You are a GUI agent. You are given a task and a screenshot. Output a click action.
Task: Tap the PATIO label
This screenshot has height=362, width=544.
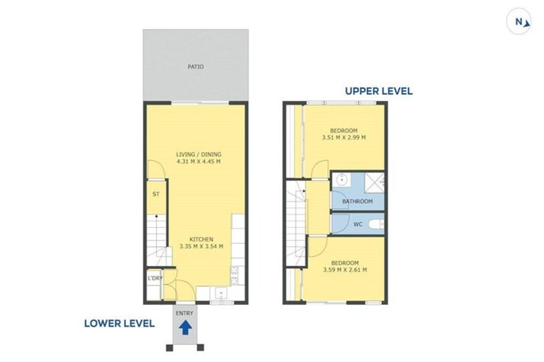(x=195, y=67)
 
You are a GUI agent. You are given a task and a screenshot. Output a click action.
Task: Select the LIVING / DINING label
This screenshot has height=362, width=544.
(x=198, y=153)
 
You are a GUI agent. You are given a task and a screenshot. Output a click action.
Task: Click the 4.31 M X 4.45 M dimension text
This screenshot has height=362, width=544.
(x=198, y=161)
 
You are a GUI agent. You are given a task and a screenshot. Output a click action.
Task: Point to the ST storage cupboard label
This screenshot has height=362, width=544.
(x=155, y=192)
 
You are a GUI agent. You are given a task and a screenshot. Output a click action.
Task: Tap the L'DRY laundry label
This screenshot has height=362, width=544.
(x=155, y=278)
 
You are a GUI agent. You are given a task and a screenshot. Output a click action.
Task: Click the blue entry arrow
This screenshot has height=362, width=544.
(x=185, y=327)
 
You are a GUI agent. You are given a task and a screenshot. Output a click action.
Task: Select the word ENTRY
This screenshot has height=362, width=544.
(x=184, y=313)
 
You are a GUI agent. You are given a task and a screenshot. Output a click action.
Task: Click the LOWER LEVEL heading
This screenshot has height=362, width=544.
(x=119, y=323)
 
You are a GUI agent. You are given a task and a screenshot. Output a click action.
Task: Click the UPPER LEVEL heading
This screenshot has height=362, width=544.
(x=378, y=91)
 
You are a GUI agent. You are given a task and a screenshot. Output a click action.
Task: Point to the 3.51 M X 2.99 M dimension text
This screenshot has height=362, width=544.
(x=344, y=138)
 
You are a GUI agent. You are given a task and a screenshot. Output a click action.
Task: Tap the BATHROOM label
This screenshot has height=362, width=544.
(x=357, y=202)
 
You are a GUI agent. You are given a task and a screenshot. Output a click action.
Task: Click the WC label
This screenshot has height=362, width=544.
(x=357, y=225)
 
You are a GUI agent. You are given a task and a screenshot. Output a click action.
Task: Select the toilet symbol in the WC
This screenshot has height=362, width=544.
(x=379, y=224)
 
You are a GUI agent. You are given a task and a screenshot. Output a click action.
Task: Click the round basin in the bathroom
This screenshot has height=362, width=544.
(x=341, y=180)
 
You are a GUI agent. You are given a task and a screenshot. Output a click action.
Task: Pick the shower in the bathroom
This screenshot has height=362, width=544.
(x=375, y=182)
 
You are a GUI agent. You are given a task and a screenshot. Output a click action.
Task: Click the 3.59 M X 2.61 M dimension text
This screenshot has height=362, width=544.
(x=344, y=269)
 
